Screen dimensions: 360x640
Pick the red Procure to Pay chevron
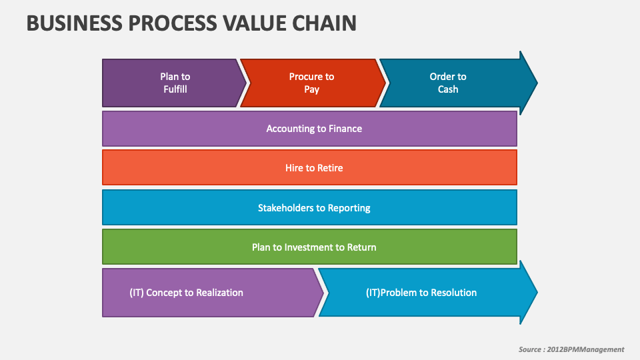tap(311, 83)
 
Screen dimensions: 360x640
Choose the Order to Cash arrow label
tap(448, 83)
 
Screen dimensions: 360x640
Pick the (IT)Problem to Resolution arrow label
tap(421, 292)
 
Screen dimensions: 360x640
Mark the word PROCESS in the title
tap(166, 23)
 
